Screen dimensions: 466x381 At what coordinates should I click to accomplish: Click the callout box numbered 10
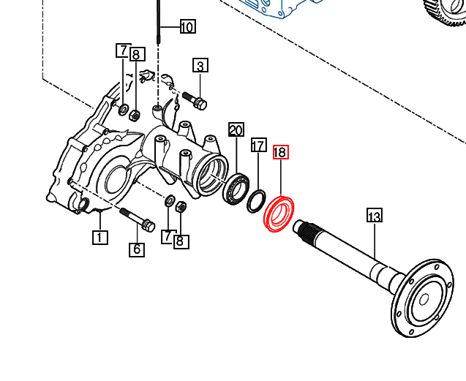188,27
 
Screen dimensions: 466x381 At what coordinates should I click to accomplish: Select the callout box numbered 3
200,65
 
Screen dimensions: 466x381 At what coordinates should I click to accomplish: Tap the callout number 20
236,129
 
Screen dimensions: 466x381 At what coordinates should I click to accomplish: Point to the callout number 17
258,145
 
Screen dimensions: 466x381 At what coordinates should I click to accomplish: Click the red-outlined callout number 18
281,152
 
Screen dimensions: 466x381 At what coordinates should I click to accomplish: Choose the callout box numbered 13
374,216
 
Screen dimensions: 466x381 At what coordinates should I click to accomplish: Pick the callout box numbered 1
99,237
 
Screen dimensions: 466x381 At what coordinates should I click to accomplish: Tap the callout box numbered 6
137,249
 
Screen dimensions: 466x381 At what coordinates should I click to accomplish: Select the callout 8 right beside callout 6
181,241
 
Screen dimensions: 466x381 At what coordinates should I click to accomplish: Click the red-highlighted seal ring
268,221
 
